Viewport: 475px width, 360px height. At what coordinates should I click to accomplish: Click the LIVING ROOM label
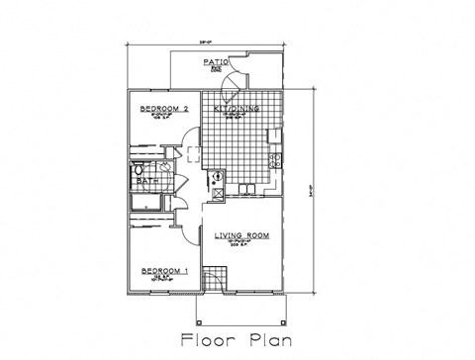241,236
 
